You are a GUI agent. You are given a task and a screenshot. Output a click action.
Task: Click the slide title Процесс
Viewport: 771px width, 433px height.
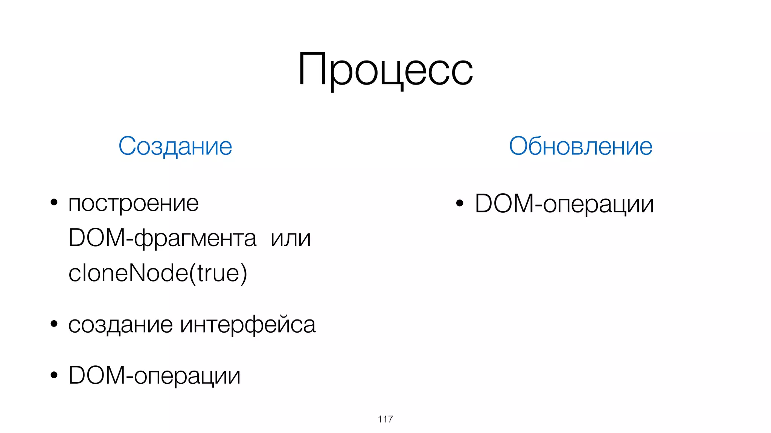(385, 70)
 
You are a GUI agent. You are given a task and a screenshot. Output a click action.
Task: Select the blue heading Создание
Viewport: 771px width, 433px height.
(175, 146)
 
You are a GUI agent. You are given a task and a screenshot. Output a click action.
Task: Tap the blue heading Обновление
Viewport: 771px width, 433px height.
(581, 146)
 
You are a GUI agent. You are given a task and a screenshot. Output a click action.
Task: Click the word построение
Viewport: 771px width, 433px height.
(133, 204)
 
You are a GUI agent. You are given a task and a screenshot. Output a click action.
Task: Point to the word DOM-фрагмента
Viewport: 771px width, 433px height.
(162, 238)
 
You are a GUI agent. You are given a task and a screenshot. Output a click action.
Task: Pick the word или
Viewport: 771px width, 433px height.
(291, 238)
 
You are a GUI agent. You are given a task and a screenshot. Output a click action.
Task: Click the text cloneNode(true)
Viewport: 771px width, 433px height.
(158, 273)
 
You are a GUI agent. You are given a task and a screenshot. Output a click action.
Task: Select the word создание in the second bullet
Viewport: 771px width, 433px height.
(120, 324)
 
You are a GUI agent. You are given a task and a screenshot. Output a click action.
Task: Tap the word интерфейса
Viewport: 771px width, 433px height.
(248, 324)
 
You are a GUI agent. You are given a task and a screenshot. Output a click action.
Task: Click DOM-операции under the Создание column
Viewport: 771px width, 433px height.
(154, 375)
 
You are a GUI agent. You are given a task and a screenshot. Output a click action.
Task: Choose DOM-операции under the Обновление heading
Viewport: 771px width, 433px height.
(564, 204)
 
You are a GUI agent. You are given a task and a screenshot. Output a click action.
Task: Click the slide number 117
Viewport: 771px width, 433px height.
(385, 419)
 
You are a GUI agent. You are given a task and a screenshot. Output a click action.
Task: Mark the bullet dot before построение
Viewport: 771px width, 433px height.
(54, 203)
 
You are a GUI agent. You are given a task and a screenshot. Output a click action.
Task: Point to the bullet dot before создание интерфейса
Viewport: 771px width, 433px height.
(54, 323)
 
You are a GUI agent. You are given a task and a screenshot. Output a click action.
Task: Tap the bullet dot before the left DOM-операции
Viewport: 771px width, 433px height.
(54, 375)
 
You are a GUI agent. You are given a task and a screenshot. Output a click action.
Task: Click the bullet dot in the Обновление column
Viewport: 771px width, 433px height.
(460, 203)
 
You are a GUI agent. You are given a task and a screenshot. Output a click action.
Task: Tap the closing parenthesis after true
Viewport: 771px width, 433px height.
(244, 274)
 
